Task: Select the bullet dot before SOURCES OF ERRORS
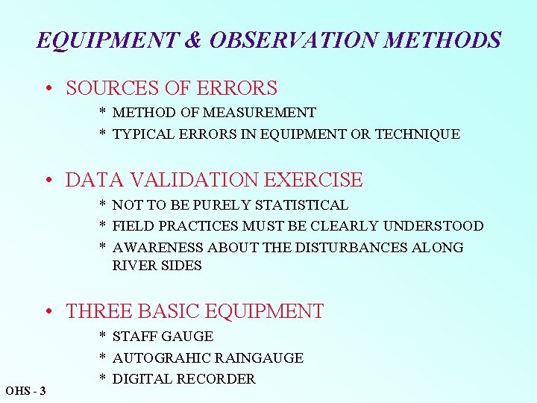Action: coord(48,89)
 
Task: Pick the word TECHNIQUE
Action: coord(418,134)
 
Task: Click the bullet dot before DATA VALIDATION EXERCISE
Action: coord(48,181)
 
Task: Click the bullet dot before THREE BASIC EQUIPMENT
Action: coord(48,312)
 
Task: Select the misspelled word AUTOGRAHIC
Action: coord(160,357)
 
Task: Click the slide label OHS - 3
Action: coord(25,390)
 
